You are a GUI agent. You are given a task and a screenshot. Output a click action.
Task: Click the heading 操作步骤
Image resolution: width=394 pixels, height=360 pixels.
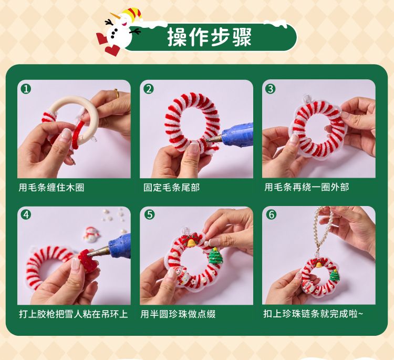pyautogui.click(x=210, y=37)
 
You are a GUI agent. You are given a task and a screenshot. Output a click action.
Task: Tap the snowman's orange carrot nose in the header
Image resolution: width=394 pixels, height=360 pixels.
pyautogui.click(x=115, y=16)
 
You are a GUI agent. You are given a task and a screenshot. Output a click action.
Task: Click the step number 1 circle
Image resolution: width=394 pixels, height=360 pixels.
pyautogui.click(x=26, y=89)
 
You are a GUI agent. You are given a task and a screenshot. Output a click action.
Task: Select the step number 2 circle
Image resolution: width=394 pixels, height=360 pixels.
pyautogui.click(x=149, y=89)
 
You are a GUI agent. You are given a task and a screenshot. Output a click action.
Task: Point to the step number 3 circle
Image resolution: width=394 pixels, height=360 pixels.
pyautogui.click(x=271, y=89)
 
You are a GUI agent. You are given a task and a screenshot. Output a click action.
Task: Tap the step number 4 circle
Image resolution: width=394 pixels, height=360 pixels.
pyautogui.click(x=26, y=215)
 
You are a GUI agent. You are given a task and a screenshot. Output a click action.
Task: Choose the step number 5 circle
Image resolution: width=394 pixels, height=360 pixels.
pyautogui.click(x=150, y=215)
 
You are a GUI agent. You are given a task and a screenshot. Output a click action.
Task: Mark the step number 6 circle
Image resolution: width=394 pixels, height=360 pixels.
pyautogui.click(x=272, y=215)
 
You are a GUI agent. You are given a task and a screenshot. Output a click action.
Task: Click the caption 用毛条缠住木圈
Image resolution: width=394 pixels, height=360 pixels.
pyautogui.click(x=51, y=188)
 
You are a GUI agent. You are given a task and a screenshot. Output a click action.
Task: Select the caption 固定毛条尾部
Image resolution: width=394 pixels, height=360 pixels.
pyautogui.click(x=171, y=188)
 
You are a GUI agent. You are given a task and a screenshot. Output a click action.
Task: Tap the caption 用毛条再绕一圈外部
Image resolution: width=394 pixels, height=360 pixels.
pyautogui.click(x=307, y=187)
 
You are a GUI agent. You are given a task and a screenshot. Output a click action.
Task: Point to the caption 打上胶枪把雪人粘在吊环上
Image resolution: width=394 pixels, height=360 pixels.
pyautogui.click(x=74, y=314)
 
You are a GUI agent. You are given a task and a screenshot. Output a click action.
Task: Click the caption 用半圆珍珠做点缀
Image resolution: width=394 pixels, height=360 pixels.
pyautogui.click(x=178, y=314)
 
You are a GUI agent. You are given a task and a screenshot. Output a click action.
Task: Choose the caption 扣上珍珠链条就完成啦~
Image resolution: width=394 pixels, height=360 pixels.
pyautogui.click(x=313, y=314)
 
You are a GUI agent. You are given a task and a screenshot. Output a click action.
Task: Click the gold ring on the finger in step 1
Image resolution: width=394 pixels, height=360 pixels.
pyautogui.click(x=116, y=94)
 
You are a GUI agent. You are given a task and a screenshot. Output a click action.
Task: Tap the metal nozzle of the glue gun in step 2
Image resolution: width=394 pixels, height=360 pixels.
pyautogui.click(x=214, y=138)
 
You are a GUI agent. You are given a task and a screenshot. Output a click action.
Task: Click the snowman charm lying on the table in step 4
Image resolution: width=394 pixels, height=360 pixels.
pyautogui.click(x=91, y=235)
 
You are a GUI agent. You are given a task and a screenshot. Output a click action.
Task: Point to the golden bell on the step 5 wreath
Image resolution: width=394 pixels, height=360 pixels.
pyautogui.click(x=192, y=243)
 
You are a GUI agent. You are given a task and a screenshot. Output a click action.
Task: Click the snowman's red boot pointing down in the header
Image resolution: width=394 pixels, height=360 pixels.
pyautogui.click(x=112, y=50)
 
